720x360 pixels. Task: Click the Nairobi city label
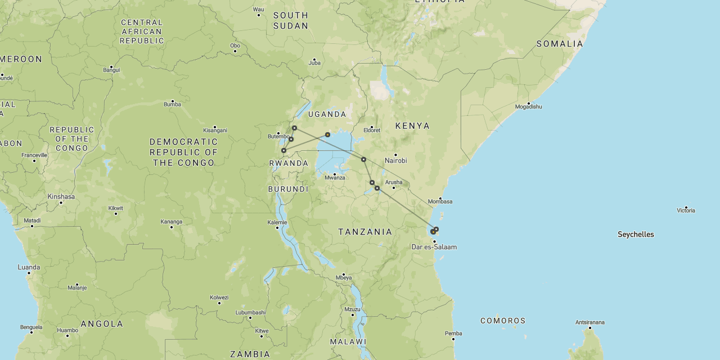point(395,161)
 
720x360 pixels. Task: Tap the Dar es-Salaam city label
point(434,247)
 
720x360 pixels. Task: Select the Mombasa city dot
point(440,198)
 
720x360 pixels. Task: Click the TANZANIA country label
point(365,232)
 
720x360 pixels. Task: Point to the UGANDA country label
point(327,114)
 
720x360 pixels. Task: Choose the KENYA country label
point(412,126)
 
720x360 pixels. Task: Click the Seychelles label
point(636,235)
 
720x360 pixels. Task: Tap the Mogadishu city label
point(528,107)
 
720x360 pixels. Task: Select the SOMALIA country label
point(560,44)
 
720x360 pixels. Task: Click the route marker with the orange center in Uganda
point(327,135)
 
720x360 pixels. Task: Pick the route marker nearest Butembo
point(291,139)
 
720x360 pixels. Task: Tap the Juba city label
point(314,63)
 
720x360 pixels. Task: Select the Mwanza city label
point(335,178)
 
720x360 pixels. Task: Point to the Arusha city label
point(394,182)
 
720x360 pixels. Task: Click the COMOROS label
point(503,321)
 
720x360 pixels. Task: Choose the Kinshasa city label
point(61,197)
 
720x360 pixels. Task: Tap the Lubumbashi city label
point(250,313)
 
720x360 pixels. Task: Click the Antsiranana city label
point(589,322)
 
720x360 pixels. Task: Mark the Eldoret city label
point(372,130)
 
